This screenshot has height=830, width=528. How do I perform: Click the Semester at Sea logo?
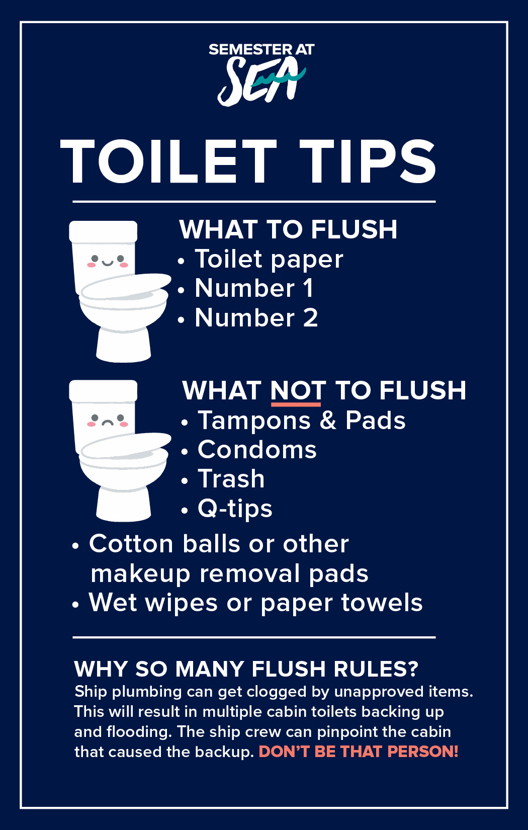pos(261,74)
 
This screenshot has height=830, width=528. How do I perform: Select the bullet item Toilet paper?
pos(269,260)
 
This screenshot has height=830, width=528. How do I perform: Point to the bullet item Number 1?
pos(254,288)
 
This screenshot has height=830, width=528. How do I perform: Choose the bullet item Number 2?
pos(256,317)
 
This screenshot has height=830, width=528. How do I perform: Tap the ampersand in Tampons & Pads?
pos(328,421)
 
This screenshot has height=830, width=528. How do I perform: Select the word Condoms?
pos(257,450)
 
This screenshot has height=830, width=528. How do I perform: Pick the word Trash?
pos(231,479)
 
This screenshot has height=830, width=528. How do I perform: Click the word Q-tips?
pos(235,509)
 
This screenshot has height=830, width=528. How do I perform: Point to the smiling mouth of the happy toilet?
pos(108,264)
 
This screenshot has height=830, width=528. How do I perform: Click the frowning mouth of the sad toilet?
pos(108,423)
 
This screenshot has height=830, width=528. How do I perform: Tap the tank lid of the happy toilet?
pos(103,232)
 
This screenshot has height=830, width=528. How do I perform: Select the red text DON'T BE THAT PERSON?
pos(359,752)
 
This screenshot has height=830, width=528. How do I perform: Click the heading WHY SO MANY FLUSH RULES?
pos(246,670)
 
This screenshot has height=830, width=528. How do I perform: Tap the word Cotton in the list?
pos(131,544)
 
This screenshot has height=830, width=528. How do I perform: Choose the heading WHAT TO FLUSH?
pos(288,229)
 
